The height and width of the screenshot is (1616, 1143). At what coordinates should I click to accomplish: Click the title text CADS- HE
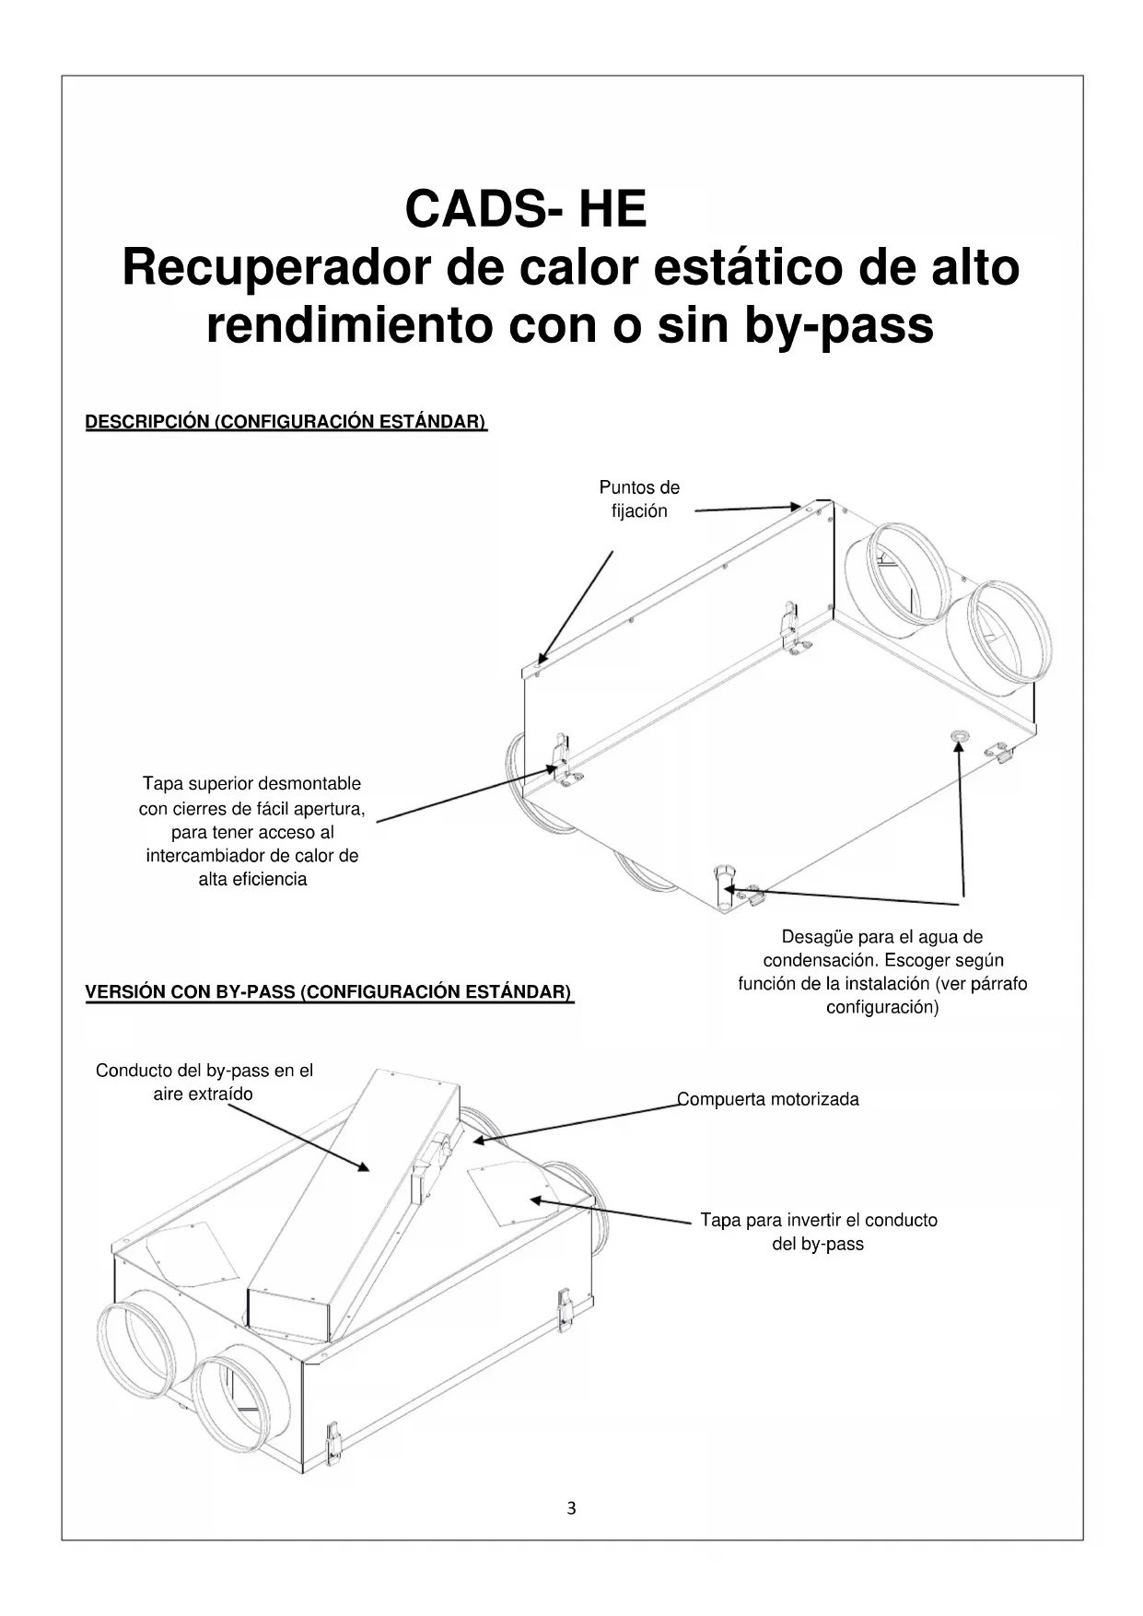(525, 209)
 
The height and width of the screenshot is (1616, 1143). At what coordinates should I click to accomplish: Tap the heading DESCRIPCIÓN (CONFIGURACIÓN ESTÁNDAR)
(286, 422)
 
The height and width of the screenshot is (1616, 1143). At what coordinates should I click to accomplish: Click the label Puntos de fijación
(639, 498)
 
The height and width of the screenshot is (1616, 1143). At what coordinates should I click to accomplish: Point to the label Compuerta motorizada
(768, 1099)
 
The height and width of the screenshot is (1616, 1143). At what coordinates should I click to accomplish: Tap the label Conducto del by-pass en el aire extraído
(204, 1082)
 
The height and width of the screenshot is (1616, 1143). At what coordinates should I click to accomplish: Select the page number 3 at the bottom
(571, 1508)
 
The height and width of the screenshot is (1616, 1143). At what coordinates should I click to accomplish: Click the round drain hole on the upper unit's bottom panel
(958, 735)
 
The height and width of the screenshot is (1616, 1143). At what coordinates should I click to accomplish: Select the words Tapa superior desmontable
(251, 784)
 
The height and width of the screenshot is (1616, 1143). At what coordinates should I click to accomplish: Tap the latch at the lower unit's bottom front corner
(335, 1443)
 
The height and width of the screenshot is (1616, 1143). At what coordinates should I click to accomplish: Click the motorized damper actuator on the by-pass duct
(433, 1158)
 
